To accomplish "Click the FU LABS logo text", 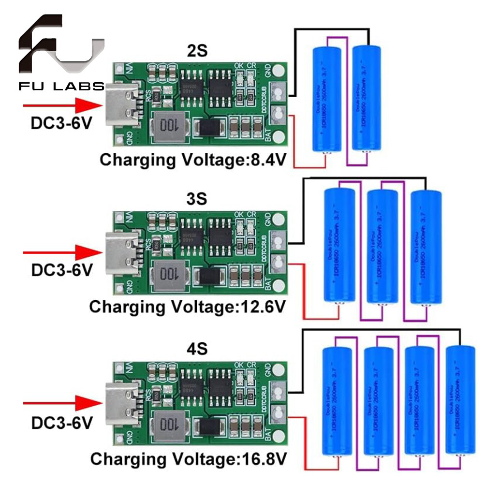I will point(61,87).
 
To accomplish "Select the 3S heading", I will point(196,199).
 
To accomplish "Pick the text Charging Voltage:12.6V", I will point(188,307).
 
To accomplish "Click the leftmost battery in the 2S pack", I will point(326,99).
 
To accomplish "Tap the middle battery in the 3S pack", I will point(382,247).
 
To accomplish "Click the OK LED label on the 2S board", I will point(239,66).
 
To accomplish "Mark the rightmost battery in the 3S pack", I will point(425,247).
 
